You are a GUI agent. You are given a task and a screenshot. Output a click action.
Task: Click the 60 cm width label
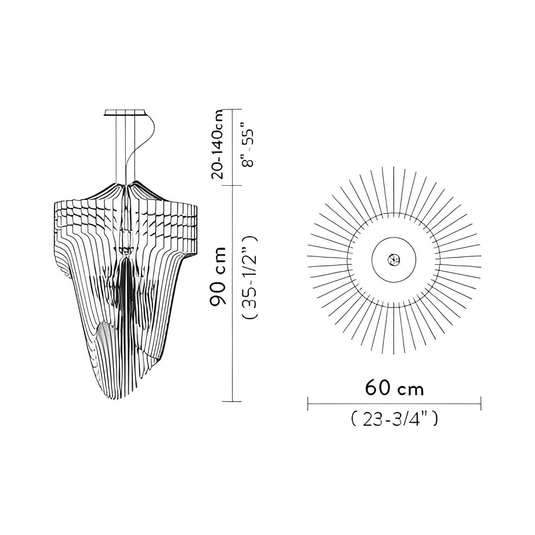[x=394, y=388]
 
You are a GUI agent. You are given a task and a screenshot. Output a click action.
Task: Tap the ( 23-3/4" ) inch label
[x=394, y=420]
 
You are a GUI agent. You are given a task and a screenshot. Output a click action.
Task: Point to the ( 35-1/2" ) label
[x=250, y=277]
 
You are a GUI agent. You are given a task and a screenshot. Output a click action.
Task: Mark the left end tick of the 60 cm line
[x=308, y=403]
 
